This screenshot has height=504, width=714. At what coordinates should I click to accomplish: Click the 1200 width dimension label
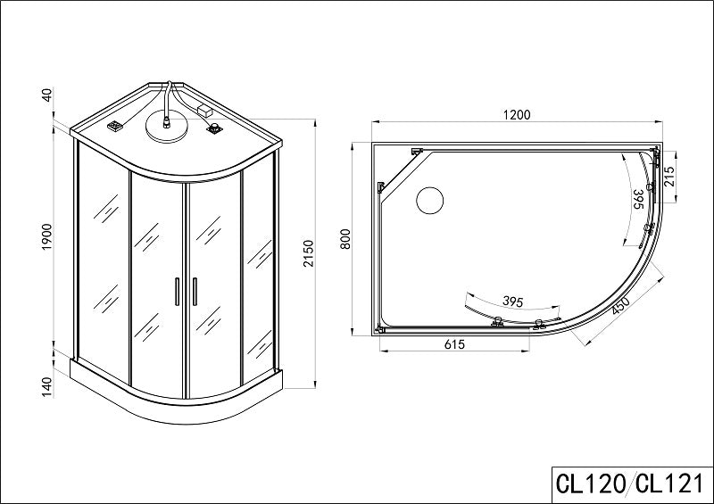pyautogui.click(x=517, y=115)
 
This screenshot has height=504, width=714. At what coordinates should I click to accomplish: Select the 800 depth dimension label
pyautogui.click(x=345, y=238)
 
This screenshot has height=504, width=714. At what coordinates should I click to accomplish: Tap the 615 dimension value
pyautogui.click(x=454, y=344)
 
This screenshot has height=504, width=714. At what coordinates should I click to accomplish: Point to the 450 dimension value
pyautogui.click(x=620, y=306)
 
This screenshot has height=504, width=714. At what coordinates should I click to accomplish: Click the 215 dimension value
pyautogui.click(x=668, y=177)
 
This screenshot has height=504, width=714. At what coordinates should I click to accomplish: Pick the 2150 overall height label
pyautogui.click(x=309, y=253)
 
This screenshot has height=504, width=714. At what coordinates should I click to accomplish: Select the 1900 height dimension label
pyautogui.click(x=47, y=236)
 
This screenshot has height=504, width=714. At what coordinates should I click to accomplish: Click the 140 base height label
pyautogui.click(x=47, y=387)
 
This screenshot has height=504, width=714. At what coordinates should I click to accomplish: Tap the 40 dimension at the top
pyautogui.click(x=47, y=95)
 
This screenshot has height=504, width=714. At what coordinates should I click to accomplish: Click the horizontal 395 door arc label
pyautogui.click(x=512, y=302)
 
